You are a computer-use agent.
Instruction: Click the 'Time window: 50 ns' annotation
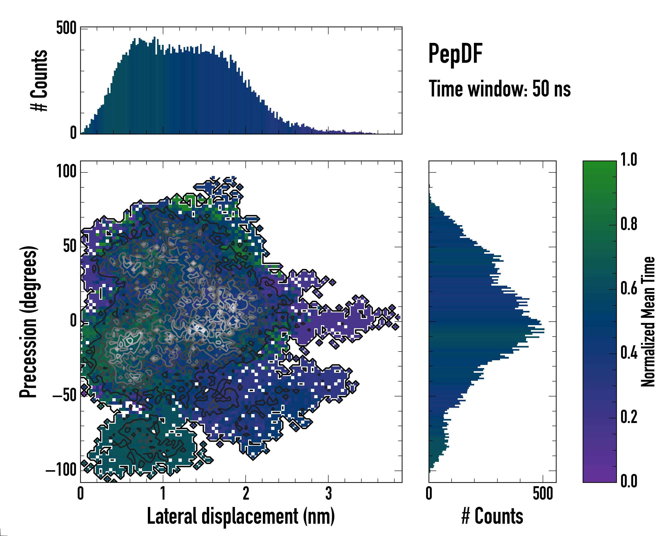point(499,89)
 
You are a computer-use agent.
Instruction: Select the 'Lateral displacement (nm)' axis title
point(241,516)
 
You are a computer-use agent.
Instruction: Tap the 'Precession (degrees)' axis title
point(29,322)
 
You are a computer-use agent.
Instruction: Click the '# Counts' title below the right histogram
point(492,516)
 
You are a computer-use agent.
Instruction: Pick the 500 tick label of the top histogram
point(66,28)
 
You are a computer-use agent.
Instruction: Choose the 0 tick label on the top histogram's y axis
point(73,133)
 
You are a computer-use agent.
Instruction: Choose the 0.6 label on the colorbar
point(629,289)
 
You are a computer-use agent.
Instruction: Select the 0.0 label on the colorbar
point(629,481)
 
